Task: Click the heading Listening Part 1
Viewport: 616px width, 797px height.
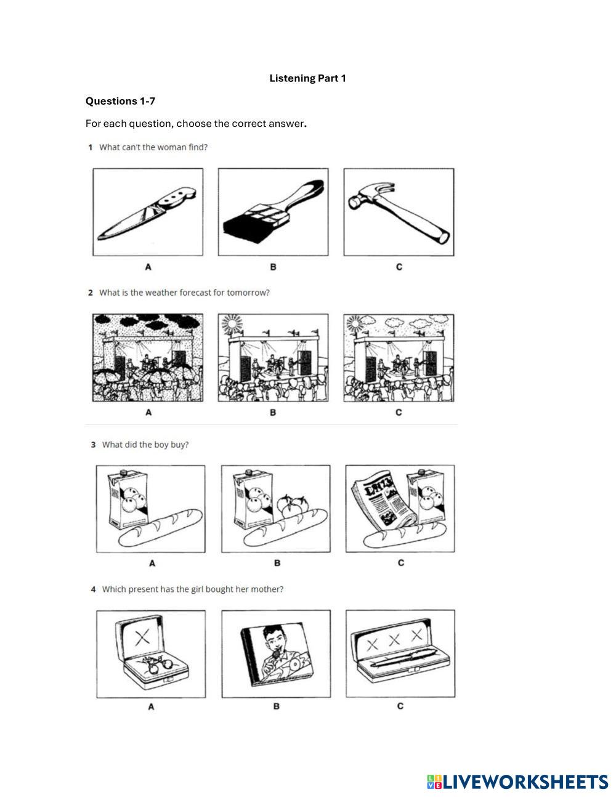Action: pos(307,78)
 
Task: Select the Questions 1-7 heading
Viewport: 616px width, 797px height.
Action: pos(120,101)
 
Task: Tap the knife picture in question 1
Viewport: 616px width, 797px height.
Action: pos(148,212)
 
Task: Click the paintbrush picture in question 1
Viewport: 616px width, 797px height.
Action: pos(273,212)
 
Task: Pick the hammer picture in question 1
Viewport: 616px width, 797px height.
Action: pos(399,212)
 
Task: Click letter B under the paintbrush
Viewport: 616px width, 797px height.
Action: pos(273,267)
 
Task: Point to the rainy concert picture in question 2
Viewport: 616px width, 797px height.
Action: pos(148,358)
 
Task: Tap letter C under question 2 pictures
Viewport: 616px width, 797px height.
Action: pos(399,412)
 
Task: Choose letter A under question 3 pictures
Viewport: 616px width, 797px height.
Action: pos(152,563)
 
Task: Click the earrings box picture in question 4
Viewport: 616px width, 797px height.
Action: pos(151,653)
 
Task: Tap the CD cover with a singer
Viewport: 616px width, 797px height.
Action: pos(276,653)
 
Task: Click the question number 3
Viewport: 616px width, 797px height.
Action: pos(93,445)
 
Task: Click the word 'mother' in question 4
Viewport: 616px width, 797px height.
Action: pos(266,589)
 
